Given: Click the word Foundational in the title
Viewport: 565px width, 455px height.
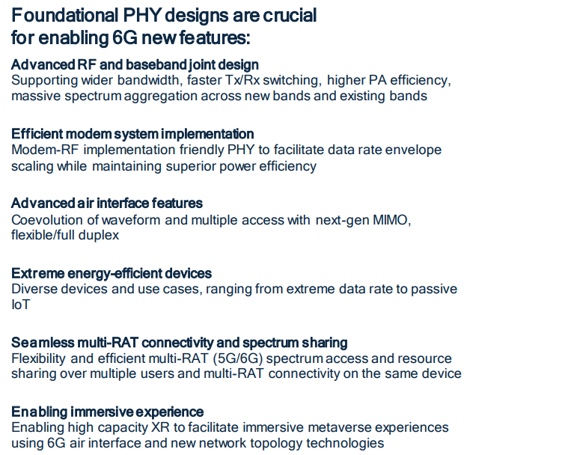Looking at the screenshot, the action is point(65,15).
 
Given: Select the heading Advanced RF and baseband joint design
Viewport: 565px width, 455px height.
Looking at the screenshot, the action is point(135,65).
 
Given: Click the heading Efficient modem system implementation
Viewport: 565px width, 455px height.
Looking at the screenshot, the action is point(132,134).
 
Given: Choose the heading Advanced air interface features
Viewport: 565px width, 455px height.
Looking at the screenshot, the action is point(107,204).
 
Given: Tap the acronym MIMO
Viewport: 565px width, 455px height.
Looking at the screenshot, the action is point(391,220).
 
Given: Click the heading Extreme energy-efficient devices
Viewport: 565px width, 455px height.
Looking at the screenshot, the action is point(112,273).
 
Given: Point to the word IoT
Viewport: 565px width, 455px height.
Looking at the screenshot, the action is point(20,305).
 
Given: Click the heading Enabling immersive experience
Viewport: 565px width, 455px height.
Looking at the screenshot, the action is point(108,412).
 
